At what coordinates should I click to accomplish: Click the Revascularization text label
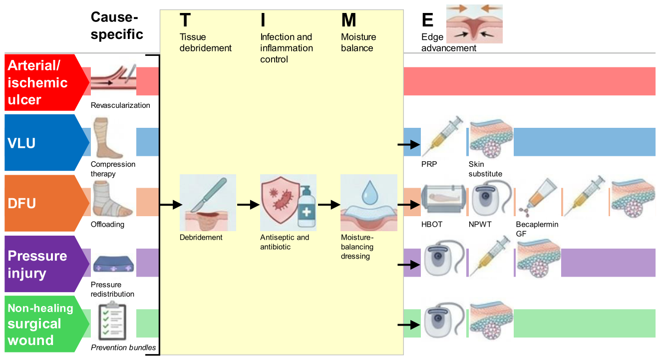click(120, 105)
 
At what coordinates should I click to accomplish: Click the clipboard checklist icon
click(112, 321)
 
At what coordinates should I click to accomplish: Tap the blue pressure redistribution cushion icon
click(113, 264)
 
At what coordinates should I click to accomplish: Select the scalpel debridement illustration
click(208, 203)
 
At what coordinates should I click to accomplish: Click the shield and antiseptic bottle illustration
click(288, 203)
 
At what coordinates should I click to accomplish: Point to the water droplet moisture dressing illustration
click(369, 203)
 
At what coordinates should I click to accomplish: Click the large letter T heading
click(185, 20)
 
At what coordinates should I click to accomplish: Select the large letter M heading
click(348, 20)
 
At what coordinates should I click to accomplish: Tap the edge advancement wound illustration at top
click(474, 24)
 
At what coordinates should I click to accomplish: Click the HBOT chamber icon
click(444, 199)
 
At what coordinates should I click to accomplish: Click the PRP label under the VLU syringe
click(429, 164)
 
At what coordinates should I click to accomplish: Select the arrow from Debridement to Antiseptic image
click(249, 204)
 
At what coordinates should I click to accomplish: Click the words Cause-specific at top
click(117, 25)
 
